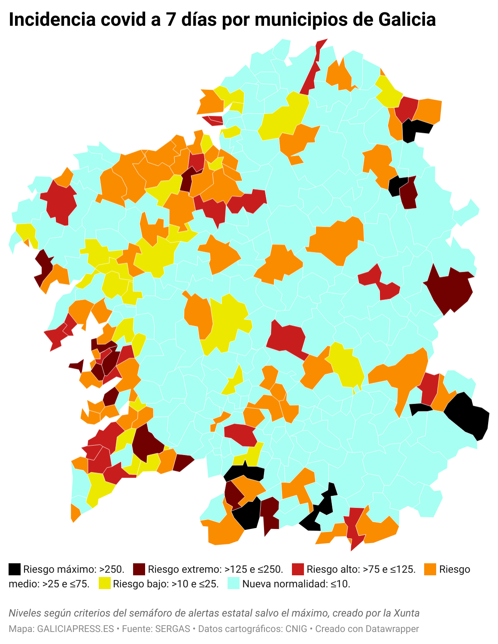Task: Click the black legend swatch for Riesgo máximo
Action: coord(15,569)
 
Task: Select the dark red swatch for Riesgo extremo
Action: coord(139,569)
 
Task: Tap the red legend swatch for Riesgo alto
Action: coord(298,569)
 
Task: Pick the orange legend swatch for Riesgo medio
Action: coord(430,569)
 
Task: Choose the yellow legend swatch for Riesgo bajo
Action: coord(105,583)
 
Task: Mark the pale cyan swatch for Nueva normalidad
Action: coord(234,583)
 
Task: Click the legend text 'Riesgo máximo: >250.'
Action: coord(74,569)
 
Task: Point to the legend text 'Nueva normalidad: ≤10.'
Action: coord(296,584)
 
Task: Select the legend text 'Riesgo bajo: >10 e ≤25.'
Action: coord(166,584)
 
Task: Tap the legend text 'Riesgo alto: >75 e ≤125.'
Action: coord(361,569)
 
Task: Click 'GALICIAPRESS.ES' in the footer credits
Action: coord(76,629)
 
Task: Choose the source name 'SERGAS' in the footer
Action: coord(173,629)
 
